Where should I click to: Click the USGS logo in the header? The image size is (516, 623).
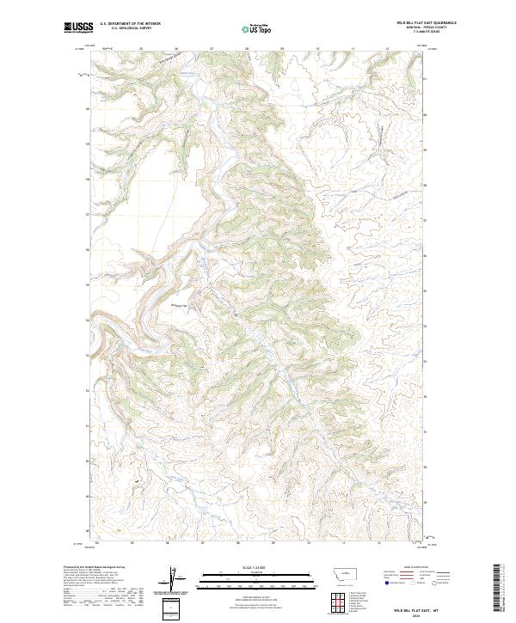pyautogui.click(x=78, y=27)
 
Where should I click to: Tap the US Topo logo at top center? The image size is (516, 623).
pyautogui.click(x=257, y=28)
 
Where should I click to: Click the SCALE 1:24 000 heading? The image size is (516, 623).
pyautogui.click(x=257, y=566)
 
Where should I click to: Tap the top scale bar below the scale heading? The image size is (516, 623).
pyautogui.click(x=257, y=573)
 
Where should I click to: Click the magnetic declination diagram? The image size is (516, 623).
pyautogui.click(x=171, y=579)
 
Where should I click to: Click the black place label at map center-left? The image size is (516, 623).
pyautogui.click(x=180, y=305)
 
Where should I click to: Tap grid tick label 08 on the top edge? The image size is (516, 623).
pyautogui.click(x=248, y=49)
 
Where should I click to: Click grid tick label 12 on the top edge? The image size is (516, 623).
pyautogui.click(x=389, y=49)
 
